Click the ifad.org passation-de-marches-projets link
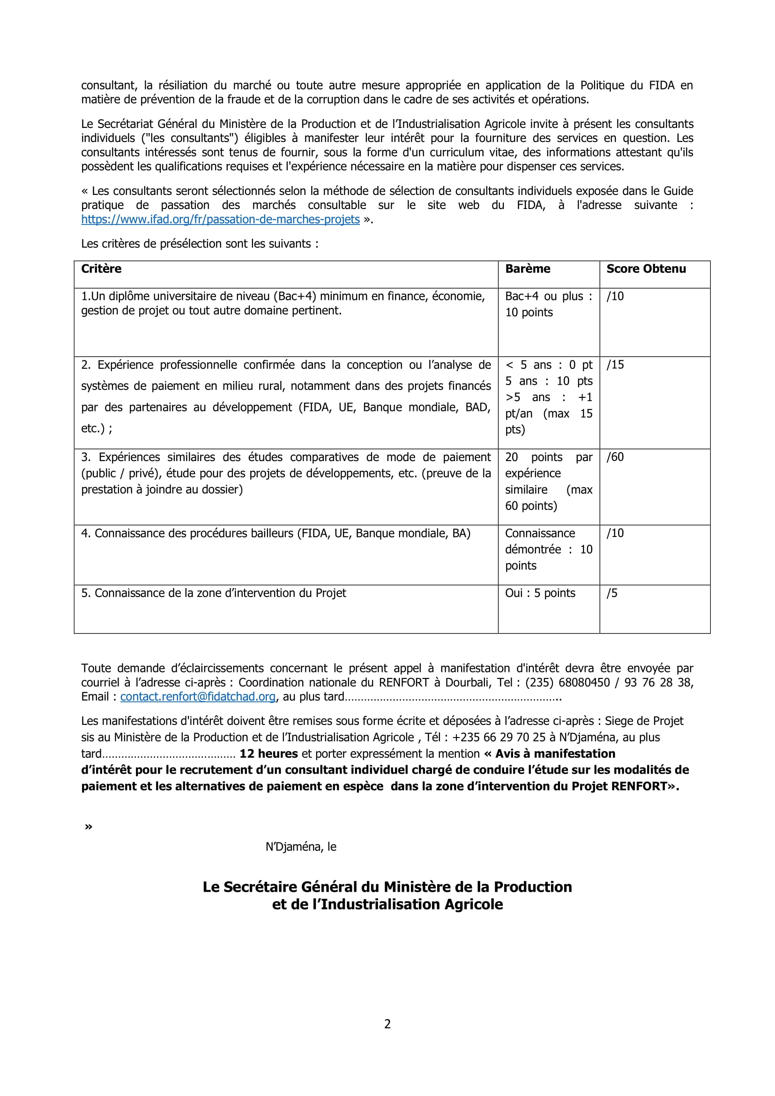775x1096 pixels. pyautogui.click(x=220, y=219)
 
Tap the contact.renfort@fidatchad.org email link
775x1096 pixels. pyautogui.click(x=198, y=696)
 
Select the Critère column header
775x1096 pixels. pyautogui.click(x=101, y=269)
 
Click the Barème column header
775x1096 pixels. pyautogui.click(x=527, y=269)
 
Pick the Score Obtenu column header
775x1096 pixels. pyautogui.click(x=646, y=269)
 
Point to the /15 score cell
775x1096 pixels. pyautogui.click(x=615, y=365)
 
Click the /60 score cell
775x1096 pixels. pyautogui.click(x=615, y=457)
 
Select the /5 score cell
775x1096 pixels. pyautogui.click(x=612, y=593)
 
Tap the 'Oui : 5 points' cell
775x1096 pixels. pyautogui.click(x=540, y=593)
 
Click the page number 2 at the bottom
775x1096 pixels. pyautogui.click(x=387, y=1023)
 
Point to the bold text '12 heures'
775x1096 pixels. pyautogui.click(x=268, y=753)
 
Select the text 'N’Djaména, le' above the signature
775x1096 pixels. pyautogui.click(x=301, y=846)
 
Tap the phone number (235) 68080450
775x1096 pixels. pyautogui.click(x=567, y=682)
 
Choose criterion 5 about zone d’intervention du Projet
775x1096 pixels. pyautogui.click(x=213, y=593)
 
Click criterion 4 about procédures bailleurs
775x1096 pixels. pyautogui.click(x=276, y=533)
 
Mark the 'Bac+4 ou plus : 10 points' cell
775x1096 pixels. pyautogui.click(x=548, y=304)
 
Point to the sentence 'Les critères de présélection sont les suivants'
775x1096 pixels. pyautogui.click(x=200, y=244)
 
